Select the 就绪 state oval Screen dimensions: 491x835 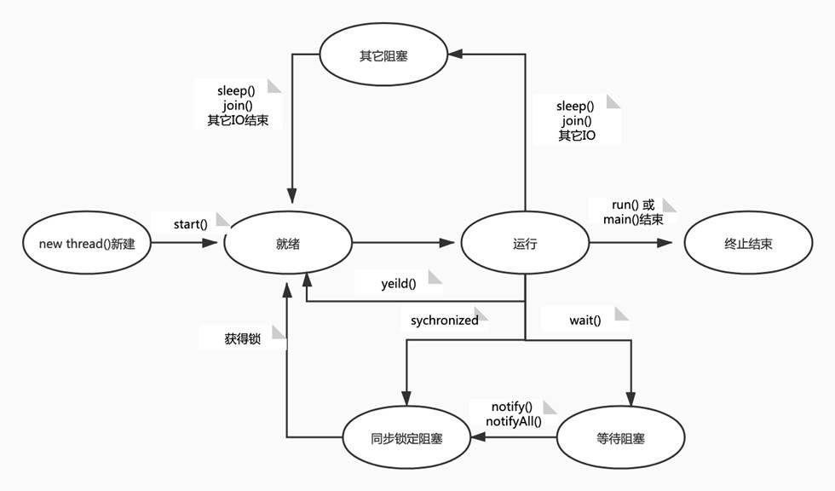tap(287, 244)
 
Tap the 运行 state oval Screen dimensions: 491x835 tap(525, 244)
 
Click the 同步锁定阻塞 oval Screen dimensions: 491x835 tap(407, 438)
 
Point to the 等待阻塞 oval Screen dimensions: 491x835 tap(620, 438)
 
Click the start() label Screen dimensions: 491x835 tap(190, 224)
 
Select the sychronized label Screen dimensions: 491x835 tap(444, 321)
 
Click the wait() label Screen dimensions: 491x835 tap(585, 321)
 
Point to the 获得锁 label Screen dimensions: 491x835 tap(242, 338)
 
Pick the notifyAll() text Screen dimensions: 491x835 tap(514, 421)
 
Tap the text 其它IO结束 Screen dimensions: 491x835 tap(238, 120)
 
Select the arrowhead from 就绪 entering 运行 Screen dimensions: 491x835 tap(448, 244)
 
